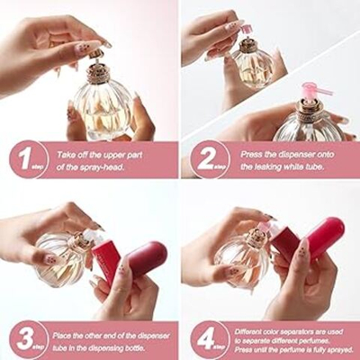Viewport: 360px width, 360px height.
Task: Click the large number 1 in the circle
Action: (25, 159)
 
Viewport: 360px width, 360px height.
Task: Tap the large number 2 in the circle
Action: (204, 159)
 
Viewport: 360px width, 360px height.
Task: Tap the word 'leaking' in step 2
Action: (269, 166)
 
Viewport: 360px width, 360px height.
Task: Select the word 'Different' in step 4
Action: (247, 332)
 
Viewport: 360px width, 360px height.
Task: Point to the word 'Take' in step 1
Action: (67, 155)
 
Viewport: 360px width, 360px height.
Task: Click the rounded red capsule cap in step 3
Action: (145, 259)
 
